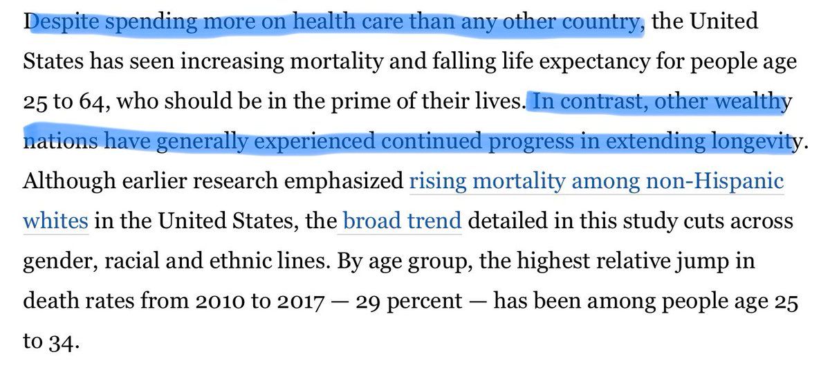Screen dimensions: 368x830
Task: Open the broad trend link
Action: tap(402, 222)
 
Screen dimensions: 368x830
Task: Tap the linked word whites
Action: tap(55, 222)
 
